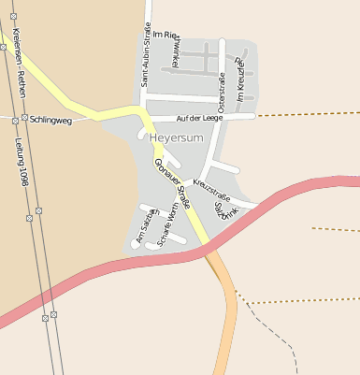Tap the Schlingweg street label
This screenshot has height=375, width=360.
[x=50, y=120]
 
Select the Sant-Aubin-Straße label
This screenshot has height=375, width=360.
[x=146, y=54]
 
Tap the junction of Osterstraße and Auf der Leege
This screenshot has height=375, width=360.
[x=218, y=118]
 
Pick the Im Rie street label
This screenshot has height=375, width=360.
[x=166, y=34]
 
